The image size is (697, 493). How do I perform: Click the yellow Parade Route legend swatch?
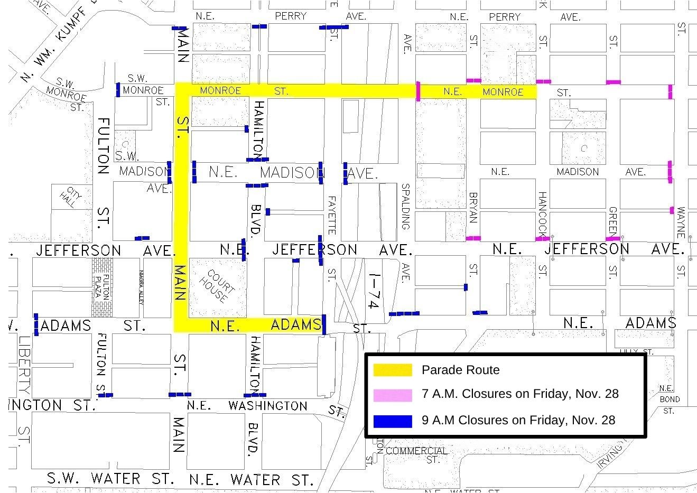click(x=393, y=370)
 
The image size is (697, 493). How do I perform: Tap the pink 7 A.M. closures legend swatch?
click(x=393, y=395)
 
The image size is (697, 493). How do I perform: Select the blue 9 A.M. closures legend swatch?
click(x=393, y=421)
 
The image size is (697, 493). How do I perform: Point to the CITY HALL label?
click(x=72, y=198)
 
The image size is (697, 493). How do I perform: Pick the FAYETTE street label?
click(x=332, y=215)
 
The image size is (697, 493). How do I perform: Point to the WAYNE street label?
click(x=681, y=222)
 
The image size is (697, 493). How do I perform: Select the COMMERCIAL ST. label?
click(x=417, y=455)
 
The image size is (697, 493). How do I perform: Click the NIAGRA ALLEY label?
click(x=141, y=288)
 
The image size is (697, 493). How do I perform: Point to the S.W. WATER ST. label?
click(x=110, y=479)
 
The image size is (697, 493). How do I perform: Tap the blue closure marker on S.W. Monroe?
click(x=118, y=90)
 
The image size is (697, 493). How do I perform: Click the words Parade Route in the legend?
click(x=460, y=370)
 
